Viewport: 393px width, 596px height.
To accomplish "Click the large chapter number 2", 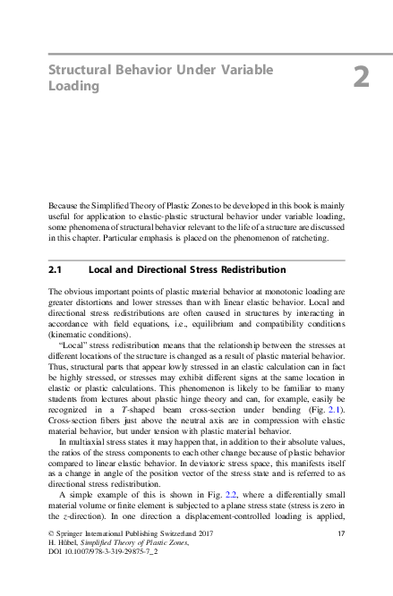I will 361,78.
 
